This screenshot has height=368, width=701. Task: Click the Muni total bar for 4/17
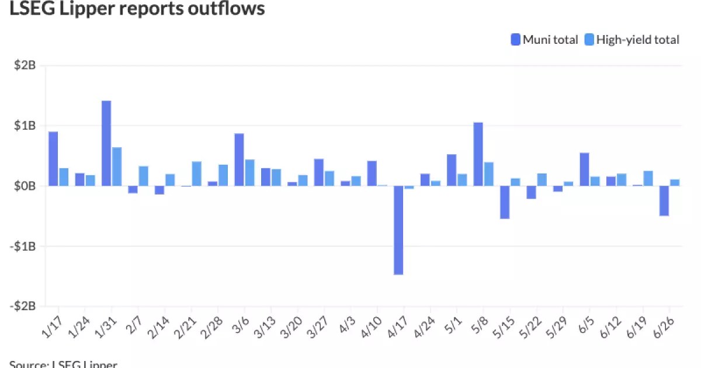point(398,230)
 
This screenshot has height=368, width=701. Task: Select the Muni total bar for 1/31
point(106,143)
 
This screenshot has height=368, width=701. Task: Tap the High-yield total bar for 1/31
point(117,166)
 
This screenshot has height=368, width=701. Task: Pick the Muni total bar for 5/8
point(478,154)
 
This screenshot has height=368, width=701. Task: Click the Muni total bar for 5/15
point(505,202)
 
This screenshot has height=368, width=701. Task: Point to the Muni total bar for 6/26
point(664,201)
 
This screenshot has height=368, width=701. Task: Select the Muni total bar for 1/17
point(53,159)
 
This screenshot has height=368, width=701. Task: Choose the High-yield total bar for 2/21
point(197,173)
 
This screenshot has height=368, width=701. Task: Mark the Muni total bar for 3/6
point(239,159)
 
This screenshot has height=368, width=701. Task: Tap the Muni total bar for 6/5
point(584,169)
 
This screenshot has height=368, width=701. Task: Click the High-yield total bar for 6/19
point(648,178)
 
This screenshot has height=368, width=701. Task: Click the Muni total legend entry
point(544,40)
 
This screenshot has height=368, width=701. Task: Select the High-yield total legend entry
point(632,40)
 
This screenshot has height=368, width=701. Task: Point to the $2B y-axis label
point(26,65)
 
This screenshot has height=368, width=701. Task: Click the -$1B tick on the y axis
point(24,247)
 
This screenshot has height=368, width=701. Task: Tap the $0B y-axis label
point(26,186)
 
